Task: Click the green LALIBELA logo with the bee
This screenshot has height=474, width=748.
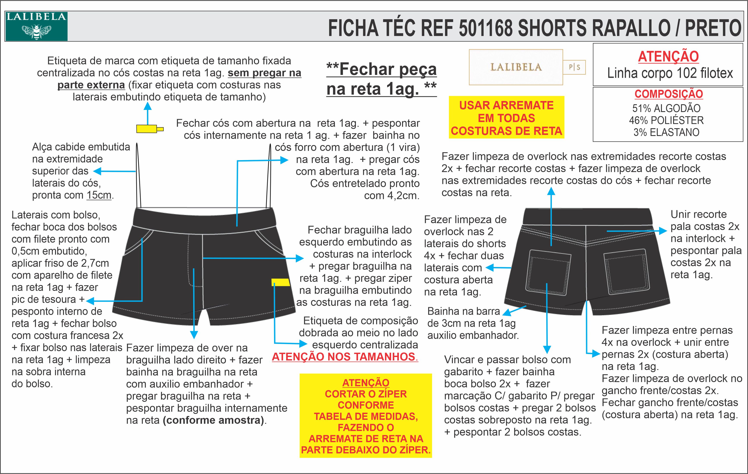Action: pyautogui.click(x=36, y=26)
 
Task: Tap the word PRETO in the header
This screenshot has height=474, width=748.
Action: pyautogui.click(x=713, y=28)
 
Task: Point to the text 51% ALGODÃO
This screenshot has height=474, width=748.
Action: pyautogui.click(x=666, y=108)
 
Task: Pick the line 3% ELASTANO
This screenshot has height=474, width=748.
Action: pyautogui.click(x=666, y=132)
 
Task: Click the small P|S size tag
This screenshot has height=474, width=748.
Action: pyautogui.click(x=574, y=67)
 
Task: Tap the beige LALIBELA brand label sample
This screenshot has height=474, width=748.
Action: pyautogui.click(x=516, y=67)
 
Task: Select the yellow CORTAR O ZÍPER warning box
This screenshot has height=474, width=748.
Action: pyautogui.click(x=366, y=416)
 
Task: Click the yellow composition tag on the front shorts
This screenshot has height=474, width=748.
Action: pyautogui.click(x=281, y=282)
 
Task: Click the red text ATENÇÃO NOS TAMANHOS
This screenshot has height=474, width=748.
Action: pyautogui.click(x=345, y=357)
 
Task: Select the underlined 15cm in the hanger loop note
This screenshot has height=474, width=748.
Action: pyautogui.click(x=99, y=195)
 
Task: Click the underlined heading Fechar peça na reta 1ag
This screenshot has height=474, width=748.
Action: pyautogui.click(x=382, y=79)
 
